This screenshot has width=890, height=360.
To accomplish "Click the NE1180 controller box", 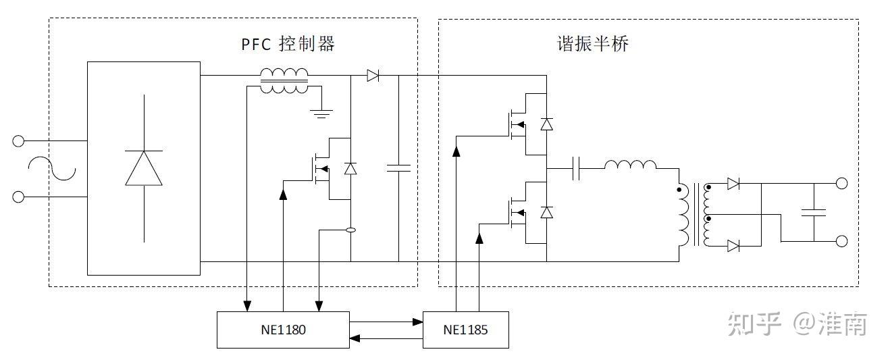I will [283, 330].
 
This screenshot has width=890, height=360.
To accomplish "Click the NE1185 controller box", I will [465, 330].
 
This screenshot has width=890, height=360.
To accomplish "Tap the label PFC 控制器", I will [288, 45].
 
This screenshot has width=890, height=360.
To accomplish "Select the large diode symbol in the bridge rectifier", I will [144, 168].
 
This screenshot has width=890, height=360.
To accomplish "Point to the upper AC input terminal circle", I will [19, 141].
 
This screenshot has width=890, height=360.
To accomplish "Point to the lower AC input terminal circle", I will [19, 197].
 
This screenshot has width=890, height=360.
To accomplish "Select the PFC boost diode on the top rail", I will [372, 76].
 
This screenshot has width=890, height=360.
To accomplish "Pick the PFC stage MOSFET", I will [319, 169].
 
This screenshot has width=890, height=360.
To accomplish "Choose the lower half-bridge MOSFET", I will [516, 212].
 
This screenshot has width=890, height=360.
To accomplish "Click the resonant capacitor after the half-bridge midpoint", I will [576, 168].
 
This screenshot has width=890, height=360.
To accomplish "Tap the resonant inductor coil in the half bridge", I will [630, 165].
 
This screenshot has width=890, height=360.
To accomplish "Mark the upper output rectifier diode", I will [733, 184].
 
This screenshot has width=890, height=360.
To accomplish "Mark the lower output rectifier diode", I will [733, 246].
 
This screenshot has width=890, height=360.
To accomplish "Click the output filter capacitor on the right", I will [814, 213].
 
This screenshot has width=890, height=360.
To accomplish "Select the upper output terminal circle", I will [841, 183].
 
